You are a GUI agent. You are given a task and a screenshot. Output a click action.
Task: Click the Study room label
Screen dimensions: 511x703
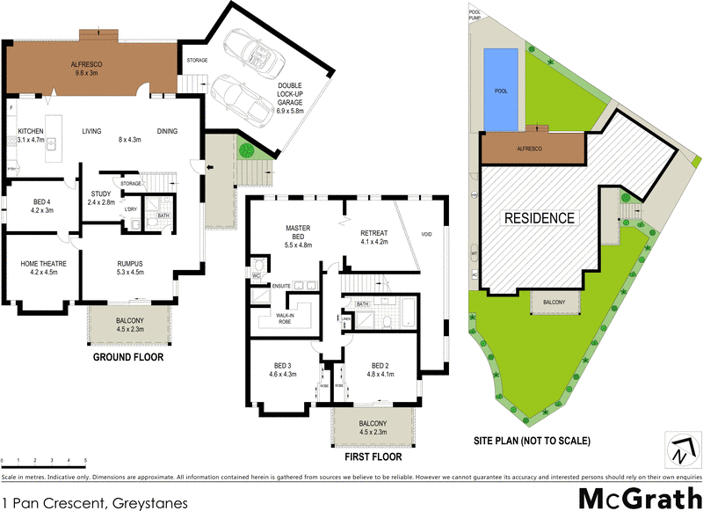[x=100, y=194]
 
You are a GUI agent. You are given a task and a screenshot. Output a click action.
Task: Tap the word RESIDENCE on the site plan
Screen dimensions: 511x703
[x=539, y=217]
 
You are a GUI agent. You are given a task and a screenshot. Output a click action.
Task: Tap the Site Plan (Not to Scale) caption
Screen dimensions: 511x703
[x=532, y=440]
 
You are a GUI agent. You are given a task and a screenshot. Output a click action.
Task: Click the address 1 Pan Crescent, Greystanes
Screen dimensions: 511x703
[x=95, y=503]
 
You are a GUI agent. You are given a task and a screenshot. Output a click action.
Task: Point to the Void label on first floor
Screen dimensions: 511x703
[x=427, y=235]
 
